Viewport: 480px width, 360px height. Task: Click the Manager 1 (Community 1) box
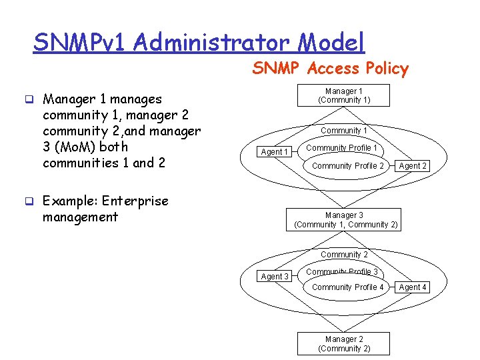pyautogui.click(x=344, y=95)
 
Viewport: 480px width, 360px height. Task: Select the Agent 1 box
pyautogui.click(x=275, y=152)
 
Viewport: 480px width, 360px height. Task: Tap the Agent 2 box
pyautogui.click(x=413, y=166)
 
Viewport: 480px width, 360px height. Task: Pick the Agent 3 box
pyautogui.click(x=275, y=277)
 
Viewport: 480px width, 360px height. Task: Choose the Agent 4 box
pyautogui.click(x=413, y=287)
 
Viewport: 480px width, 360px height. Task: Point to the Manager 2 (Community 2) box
pyautogui.click(x=344, y=344)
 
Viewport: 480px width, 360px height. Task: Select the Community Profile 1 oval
pyautogui.click(x=341, y=148)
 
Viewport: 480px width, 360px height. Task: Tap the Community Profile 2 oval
pyautogui.click(x=347, y=166)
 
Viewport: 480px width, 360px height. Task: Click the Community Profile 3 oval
pyautogui.click(x=341, y=272)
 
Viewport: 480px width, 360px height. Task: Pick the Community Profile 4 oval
pyautogui.click(x=347, y=287)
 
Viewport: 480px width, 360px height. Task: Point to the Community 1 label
pyautogui.click(x=344, y=131)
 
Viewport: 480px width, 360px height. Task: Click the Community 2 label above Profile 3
pyautogui.click(x=344, y=255)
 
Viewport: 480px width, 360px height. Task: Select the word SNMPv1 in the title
pyautogui.click(x=80, y=43)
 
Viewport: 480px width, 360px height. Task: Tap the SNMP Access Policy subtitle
pyautogui.click(x=330, y=68)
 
